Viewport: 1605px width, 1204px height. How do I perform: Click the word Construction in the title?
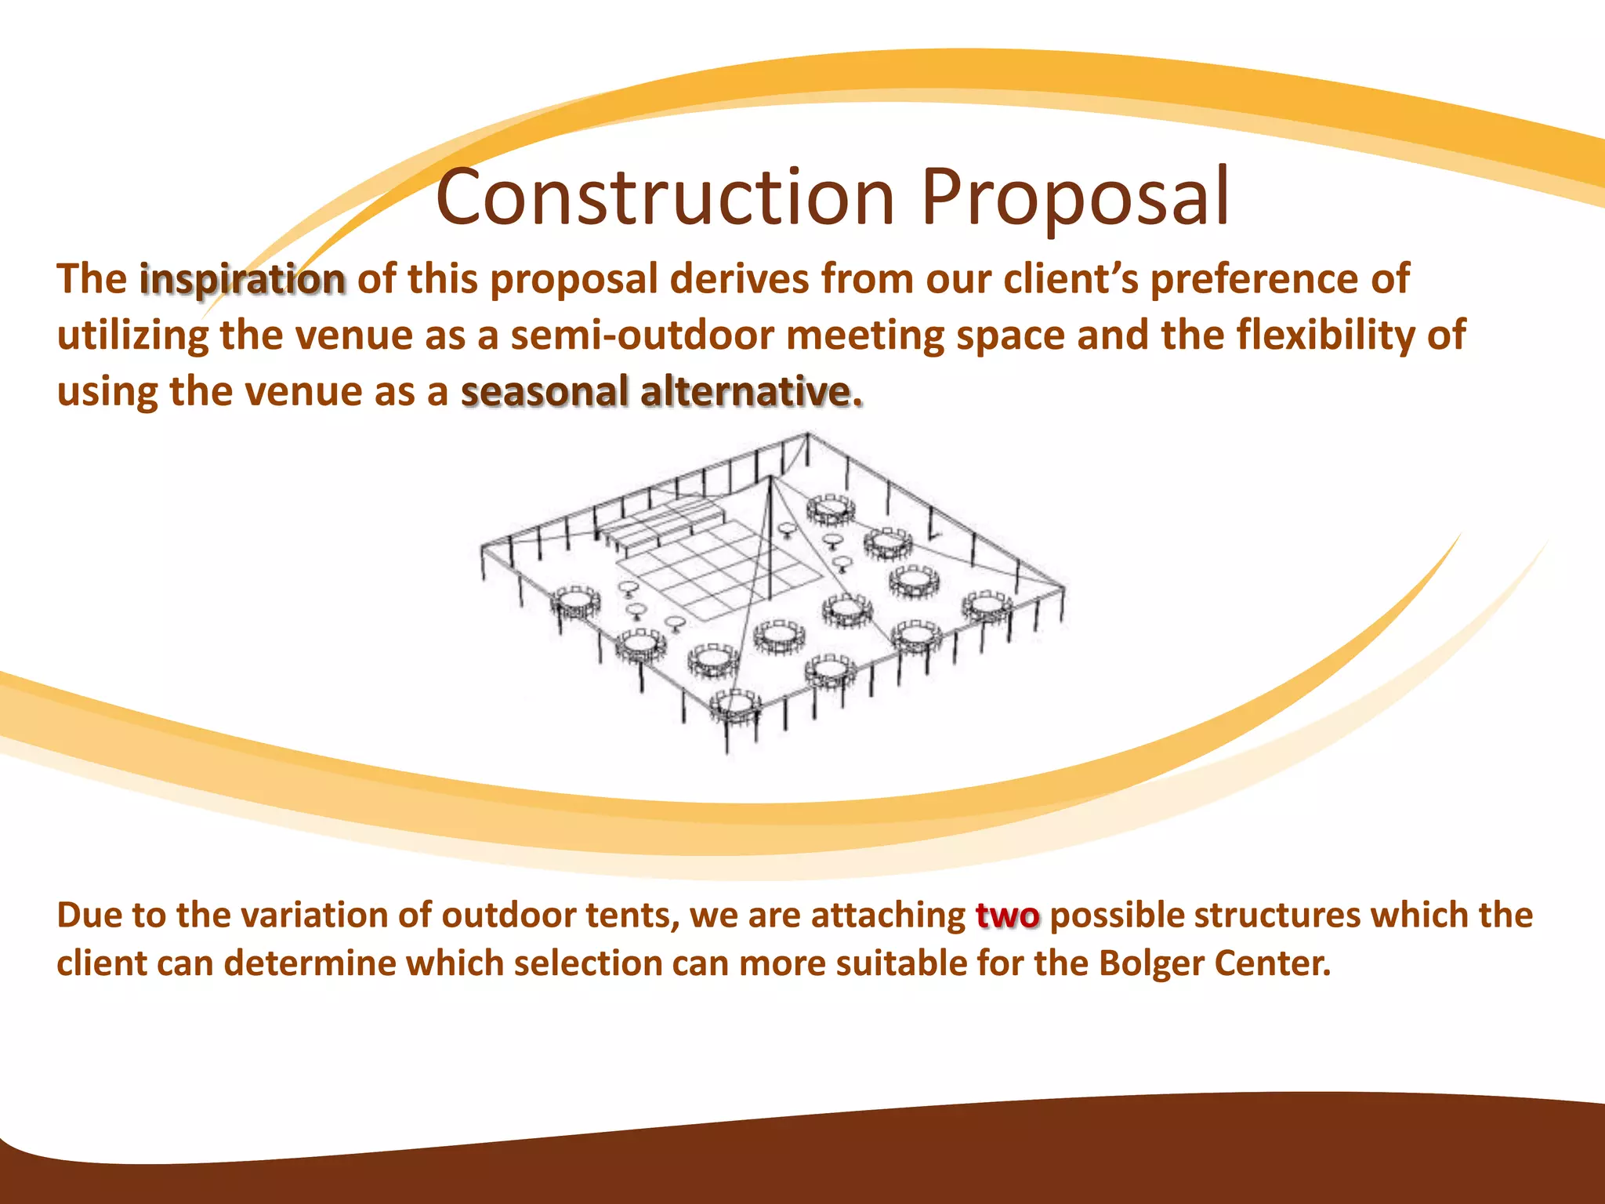[665, 197]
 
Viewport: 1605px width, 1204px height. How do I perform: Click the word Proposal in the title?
[1075, 197]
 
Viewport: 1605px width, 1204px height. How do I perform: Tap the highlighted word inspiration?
[242, 280]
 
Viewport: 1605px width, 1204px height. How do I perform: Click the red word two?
[1008, 916]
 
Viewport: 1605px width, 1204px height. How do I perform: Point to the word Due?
[88, 916]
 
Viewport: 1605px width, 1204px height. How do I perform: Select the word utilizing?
[132, 335]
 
